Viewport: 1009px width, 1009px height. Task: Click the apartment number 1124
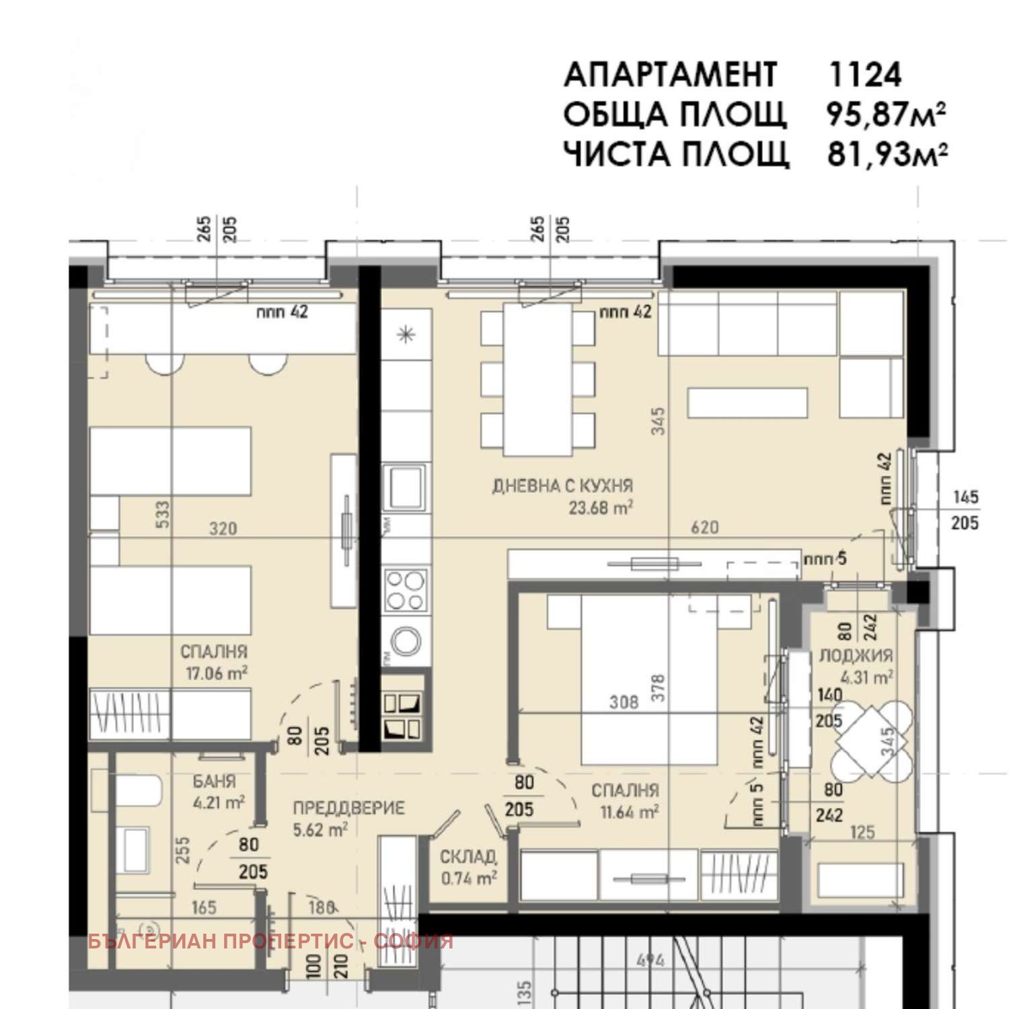pos(865,75)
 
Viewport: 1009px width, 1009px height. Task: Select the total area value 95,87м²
pos(885,114)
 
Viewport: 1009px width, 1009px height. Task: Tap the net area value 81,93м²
pos(887,154)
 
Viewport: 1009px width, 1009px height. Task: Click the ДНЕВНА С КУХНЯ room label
pos(562,486)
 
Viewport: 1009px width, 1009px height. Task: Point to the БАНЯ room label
pos(214,782)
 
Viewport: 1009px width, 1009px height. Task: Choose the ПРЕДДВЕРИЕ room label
pos(348,808)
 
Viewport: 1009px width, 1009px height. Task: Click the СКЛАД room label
pos(468,857)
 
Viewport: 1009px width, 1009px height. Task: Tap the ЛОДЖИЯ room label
pos(855,655)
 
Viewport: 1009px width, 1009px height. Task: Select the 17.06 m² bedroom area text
pos(216,673)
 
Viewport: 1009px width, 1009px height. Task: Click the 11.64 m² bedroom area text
pos(629,812)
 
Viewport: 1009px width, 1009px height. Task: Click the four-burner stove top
pos(405,589)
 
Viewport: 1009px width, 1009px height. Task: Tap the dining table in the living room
pos(537,380)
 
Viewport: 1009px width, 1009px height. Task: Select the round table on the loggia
pos(872,739)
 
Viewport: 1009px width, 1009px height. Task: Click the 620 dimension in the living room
pos(704,527)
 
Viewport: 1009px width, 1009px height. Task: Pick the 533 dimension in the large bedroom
pos(163,515)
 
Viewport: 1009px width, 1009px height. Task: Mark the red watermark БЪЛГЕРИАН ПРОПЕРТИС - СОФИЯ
pos(270,941)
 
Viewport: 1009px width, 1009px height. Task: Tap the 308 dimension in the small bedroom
pos(624,702)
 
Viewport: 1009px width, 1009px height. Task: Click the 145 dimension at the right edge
pos(965,497)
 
